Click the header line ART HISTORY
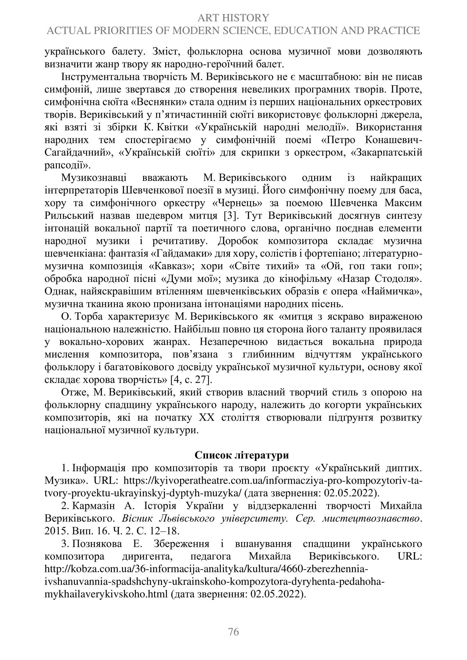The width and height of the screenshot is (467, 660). (x=233, y=18)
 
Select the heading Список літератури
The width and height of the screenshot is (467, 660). (x=242, y=455)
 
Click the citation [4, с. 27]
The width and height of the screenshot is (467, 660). (x=191, y=380)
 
